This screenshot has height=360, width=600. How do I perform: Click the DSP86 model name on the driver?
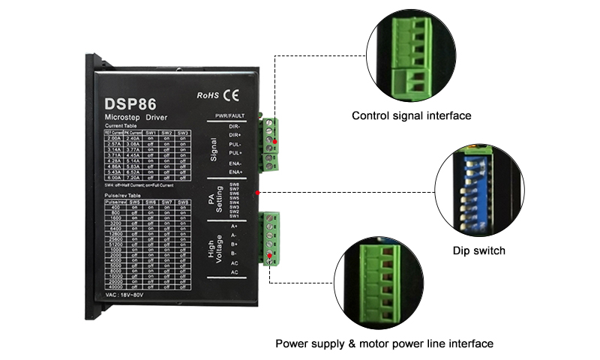coord(130,105)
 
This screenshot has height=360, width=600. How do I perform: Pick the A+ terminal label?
coord(234,226)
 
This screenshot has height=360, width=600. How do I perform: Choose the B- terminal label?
coord(234,253)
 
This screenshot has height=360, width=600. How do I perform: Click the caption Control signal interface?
coord(411,116)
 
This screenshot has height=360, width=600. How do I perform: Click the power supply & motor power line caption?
coord(384,343)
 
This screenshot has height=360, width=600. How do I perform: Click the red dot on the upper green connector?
coord(275,142)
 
